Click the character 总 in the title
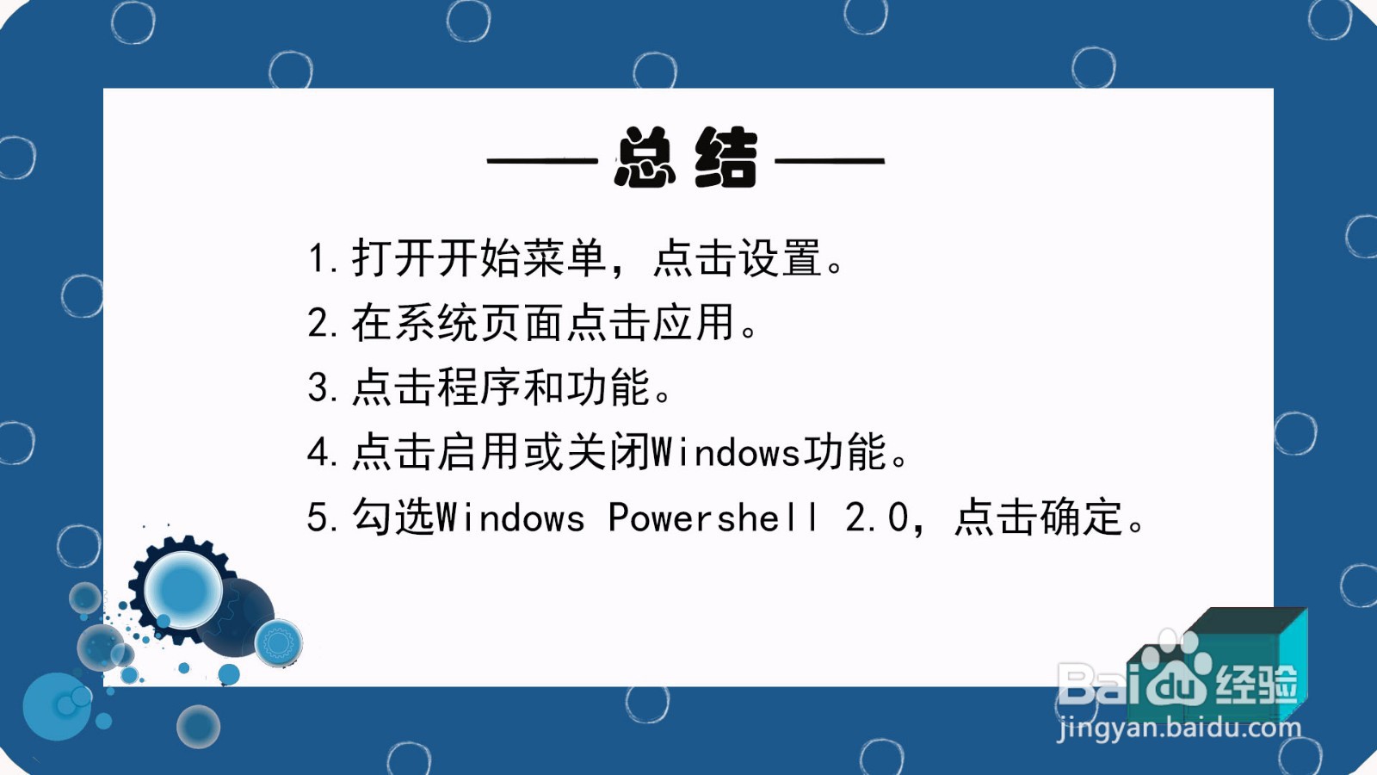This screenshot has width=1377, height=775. coord(645,158)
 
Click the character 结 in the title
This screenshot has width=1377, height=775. coord(726,158)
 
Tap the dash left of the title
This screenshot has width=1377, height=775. coord(542,160)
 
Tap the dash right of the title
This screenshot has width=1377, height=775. coord(830,160)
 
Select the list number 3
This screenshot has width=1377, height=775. coord(318,388)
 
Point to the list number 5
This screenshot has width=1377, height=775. coord(318,518)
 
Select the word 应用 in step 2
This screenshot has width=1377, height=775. coord(694,324)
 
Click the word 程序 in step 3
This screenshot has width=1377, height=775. coord(479,388)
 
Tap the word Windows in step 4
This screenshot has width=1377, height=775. coord(726,453)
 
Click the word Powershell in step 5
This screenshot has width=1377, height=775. coord(713,518)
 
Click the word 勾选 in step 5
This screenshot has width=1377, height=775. coord(393,518)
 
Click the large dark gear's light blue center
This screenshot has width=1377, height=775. coord(182,591)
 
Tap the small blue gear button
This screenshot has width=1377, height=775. coord(278,642)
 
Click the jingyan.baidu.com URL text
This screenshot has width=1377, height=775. coord(1179,728)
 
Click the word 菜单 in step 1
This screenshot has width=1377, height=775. coord(565,258)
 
